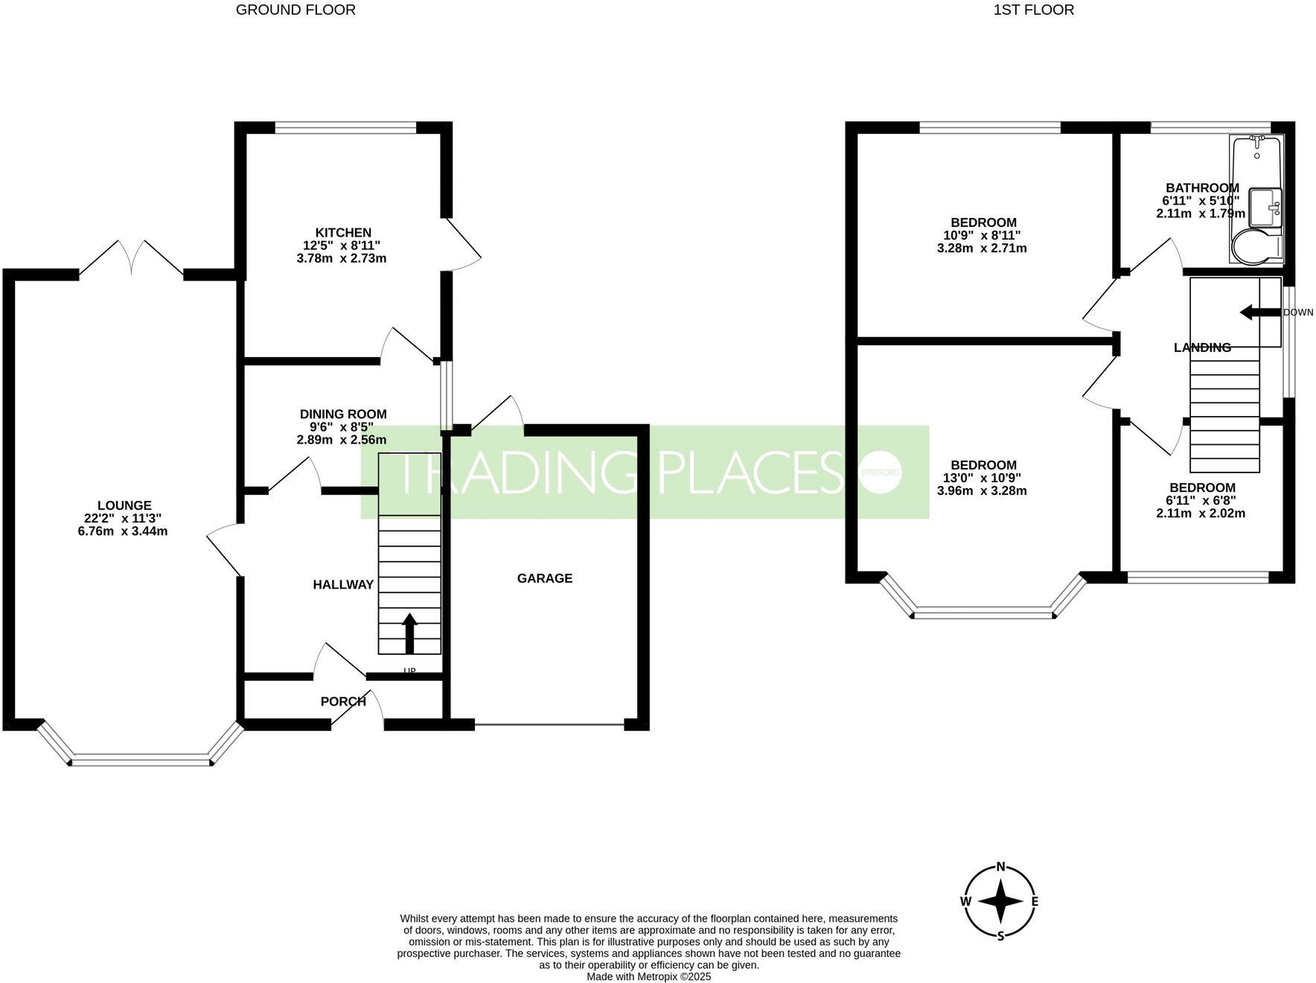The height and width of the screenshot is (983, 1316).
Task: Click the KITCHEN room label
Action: [x=342, y=233]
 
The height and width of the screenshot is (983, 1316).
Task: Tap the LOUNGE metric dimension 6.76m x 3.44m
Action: [x=123, y=531]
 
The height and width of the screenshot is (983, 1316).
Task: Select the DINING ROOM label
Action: [x=343, y=414]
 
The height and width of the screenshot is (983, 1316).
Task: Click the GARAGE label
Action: [x=545, y=578]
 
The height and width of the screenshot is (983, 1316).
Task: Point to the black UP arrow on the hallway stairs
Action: [x=409, y=632]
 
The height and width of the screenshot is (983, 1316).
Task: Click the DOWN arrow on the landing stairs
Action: [x=1259, y=313]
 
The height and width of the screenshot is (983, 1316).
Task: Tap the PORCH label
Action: [x=343, y=701]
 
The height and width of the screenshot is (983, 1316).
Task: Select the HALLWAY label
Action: [x=343, y=585]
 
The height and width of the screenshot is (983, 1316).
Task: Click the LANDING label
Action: [x=1202, y=348]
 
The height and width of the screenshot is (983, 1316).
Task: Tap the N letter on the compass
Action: [x=1001, y=866]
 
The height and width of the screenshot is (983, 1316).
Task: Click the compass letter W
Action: [x=965, y=901]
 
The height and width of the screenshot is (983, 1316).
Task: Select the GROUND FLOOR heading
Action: [x=296, y=10]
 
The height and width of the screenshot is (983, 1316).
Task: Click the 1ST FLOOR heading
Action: [x=1033, y=10]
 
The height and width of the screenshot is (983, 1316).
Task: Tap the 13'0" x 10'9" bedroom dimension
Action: [x=982, y=478]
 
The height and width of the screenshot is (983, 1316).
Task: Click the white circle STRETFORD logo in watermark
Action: [x=880, y=472]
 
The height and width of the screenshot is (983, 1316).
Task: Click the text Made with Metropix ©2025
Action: [x=648, y=976]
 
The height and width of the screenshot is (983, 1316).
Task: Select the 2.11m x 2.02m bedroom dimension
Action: [x=1201, y=513]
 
